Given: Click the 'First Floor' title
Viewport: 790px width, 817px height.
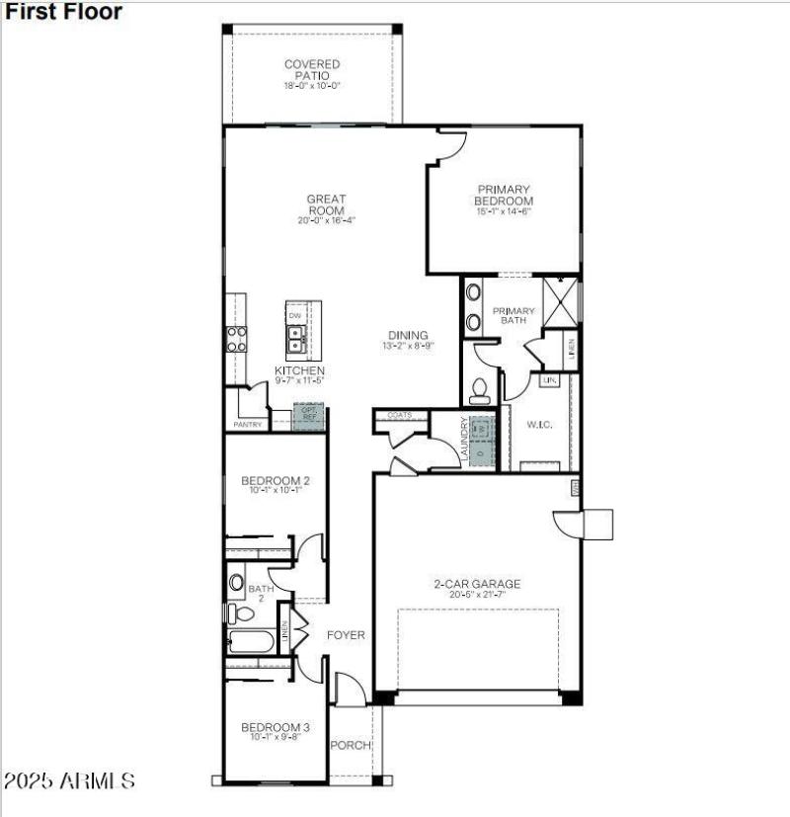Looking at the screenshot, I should coord(64,13).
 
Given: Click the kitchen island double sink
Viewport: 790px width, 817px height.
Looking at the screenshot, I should coord(295,341).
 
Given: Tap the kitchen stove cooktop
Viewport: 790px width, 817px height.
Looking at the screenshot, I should coord(237,339).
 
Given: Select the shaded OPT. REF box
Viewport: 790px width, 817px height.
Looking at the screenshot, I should coord(309,414).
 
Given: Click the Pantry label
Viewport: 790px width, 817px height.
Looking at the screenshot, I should coord(247,425).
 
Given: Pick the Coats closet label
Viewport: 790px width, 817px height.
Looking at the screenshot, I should coord(400,416).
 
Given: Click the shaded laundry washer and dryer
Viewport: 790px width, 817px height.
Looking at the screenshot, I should coord(480,440).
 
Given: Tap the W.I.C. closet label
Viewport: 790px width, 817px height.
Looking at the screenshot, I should coord(538,426).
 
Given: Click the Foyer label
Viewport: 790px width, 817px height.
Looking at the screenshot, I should coord(346,635).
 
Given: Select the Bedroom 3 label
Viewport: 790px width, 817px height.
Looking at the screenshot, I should coord(276,732).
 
